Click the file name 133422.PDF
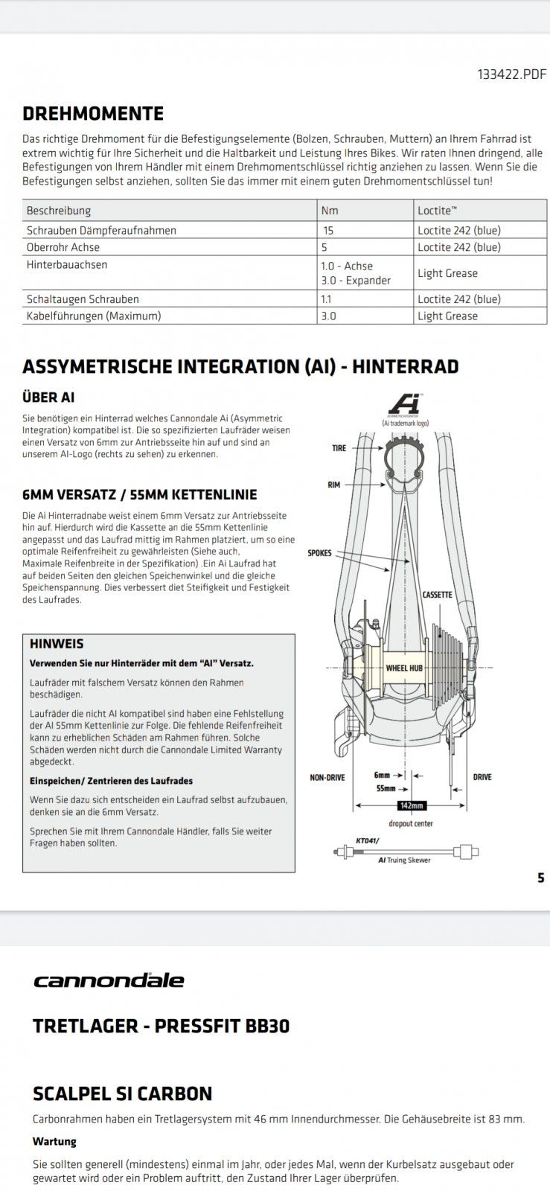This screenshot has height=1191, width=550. click(511, 74)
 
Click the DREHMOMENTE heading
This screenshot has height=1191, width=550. click(93, 114)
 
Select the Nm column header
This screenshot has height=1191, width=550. click(329, 211)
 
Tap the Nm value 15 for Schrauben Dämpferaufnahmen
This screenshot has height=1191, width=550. click(328, 231)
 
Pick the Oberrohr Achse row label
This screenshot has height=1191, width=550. click(63, 247)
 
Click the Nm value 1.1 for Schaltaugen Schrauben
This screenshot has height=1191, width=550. click(327, 299)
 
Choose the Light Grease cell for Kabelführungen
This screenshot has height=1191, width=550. click(447, 316)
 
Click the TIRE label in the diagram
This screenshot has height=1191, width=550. click(339, 449)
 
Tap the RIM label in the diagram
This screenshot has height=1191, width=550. click(333, 485)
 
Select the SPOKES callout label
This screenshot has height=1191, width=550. click(319, 553)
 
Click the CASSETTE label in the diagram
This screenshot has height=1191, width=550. click(437, 595)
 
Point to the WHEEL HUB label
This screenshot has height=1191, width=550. click(404, 668)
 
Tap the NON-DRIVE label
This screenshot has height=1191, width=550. click(327, 778)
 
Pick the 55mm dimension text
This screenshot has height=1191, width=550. click(386, 788)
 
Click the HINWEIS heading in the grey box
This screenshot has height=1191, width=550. click(57, 644)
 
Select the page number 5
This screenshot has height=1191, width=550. click(541, 878)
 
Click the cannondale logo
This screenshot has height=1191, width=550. click(109, 980)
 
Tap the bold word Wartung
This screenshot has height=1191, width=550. click(54, 1141)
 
